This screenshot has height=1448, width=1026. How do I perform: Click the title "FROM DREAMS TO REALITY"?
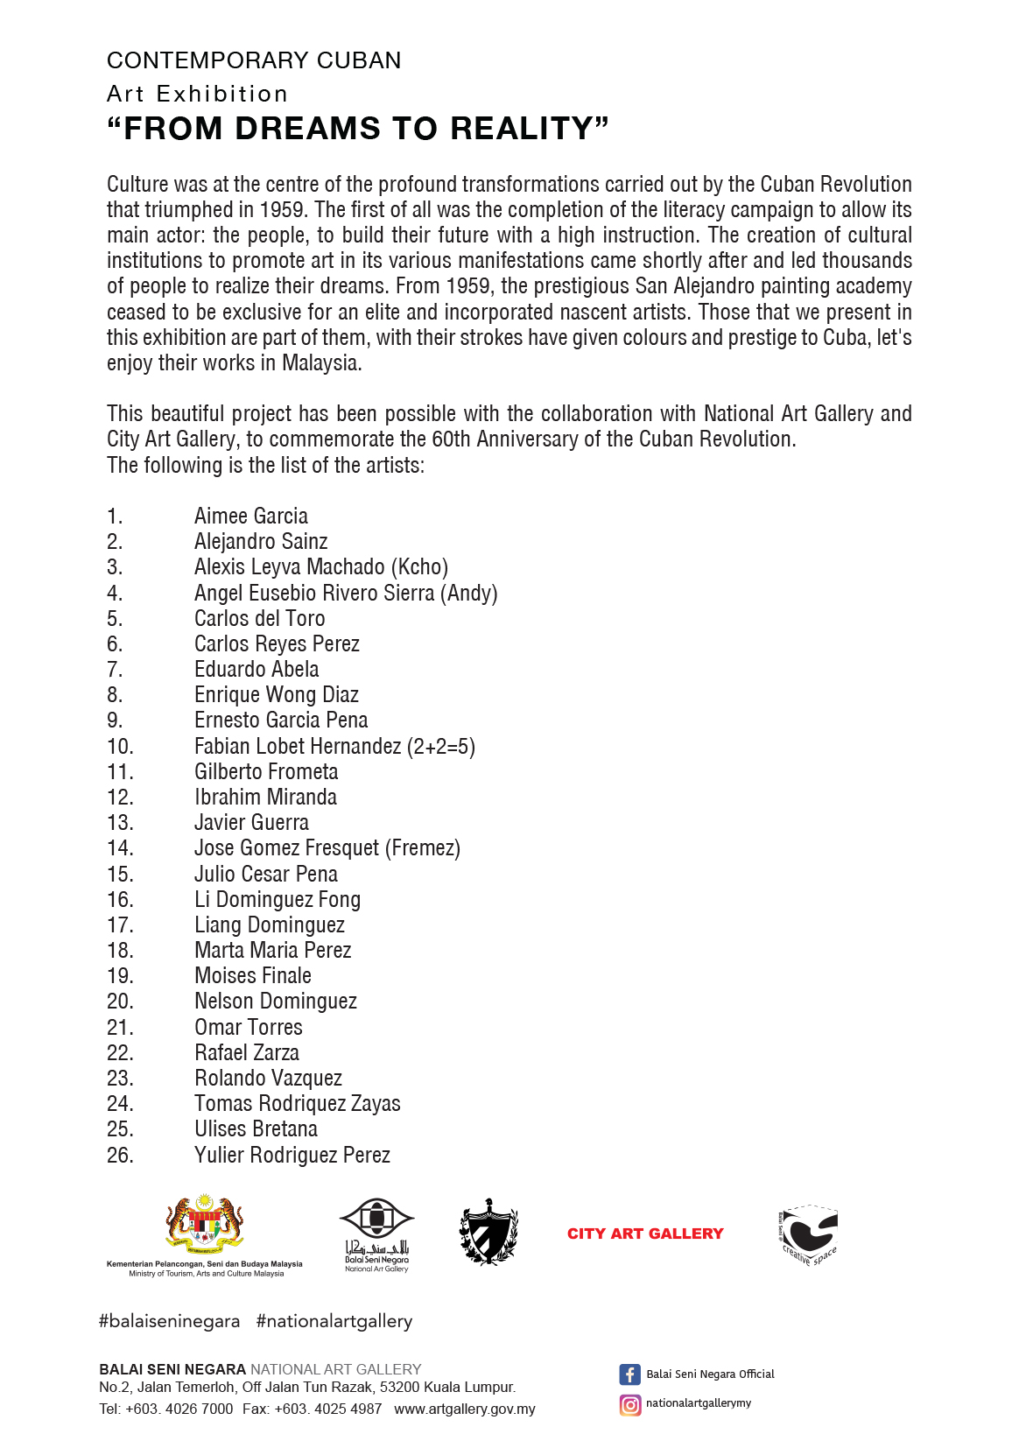(357, 129)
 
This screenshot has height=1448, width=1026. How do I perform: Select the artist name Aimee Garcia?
(251, 517)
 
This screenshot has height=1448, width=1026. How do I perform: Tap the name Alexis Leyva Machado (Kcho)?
(321, 567)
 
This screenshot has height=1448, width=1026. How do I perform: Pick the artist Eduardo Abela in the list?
(256, 670)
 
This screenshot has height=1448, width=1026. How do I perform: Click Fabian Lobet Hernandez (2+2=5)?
(334, 747)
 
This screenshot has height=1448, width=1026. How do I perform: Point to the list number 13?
(120, 823)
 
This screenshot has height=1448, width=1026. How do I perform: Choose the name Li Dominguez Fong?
(278, 900)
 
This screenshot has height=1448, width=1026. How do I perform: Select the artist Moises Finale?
(253, 976)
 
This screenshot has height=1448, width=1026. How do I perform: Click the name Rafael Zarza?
(247, 1053)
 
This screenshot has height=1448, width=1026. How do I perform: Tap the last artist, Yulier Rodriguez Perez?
(292, 1156)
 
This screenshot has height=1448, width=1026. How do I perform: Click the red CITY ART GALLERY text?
(645, 1234)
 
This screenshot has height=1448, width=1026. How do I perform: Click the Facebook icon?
(629, 1374)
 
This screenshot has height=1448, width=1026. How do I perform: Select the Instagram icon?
(629, 1405)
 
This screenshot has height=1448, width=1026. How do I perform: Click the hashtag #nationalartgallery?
(334, 1321)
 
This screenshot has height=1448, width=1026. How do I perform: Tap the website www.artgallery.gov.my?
(465, 1409)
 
